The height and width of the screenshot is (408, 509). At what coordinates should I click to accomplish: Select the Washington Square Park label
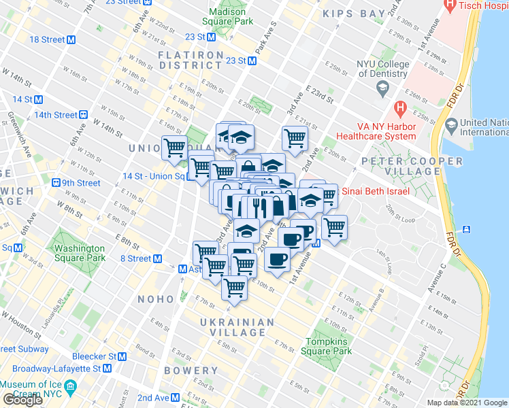(x=80, y=253)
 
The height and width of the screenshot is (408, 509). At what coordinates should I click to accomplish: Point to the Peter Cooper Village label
(x=412, y=167)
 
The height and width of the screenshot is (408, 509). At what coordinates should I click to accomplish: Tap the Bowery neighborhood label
(x=191, y=371)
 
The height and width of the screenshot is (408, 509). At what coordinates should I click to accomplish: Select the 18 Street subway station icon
(x=71, y=39)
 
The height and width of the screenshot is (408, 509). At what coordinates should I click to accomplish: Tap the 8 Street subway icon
(x=157, y=258)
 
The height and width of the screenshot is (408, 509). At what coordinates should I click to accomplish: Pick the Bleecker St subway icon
(x=122, y=356)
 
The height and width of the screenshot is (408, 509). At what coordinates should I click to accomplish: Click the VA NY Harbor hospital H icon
(x=400, y=108)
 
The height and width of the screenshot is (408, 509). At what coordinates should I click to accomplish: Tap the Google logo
(x=23, y=400)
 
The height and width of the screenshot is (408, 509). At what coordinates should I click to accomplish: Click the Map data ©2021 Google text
(x=467, y=403)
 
